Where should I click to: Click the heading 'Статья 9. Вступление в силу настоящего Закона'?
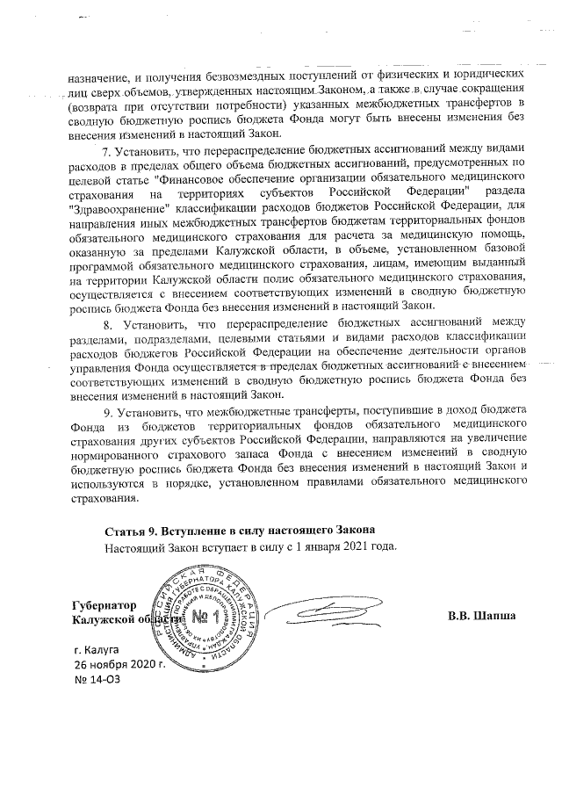click(x=240, y=531)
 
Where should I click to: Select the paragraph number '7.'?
click(x=108, y=150)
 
